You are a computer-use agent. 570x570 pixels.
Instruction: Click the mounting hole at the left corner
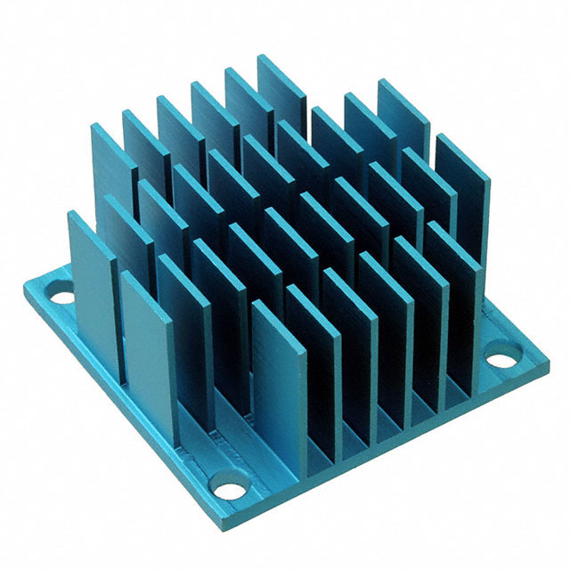pos(61,291)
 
